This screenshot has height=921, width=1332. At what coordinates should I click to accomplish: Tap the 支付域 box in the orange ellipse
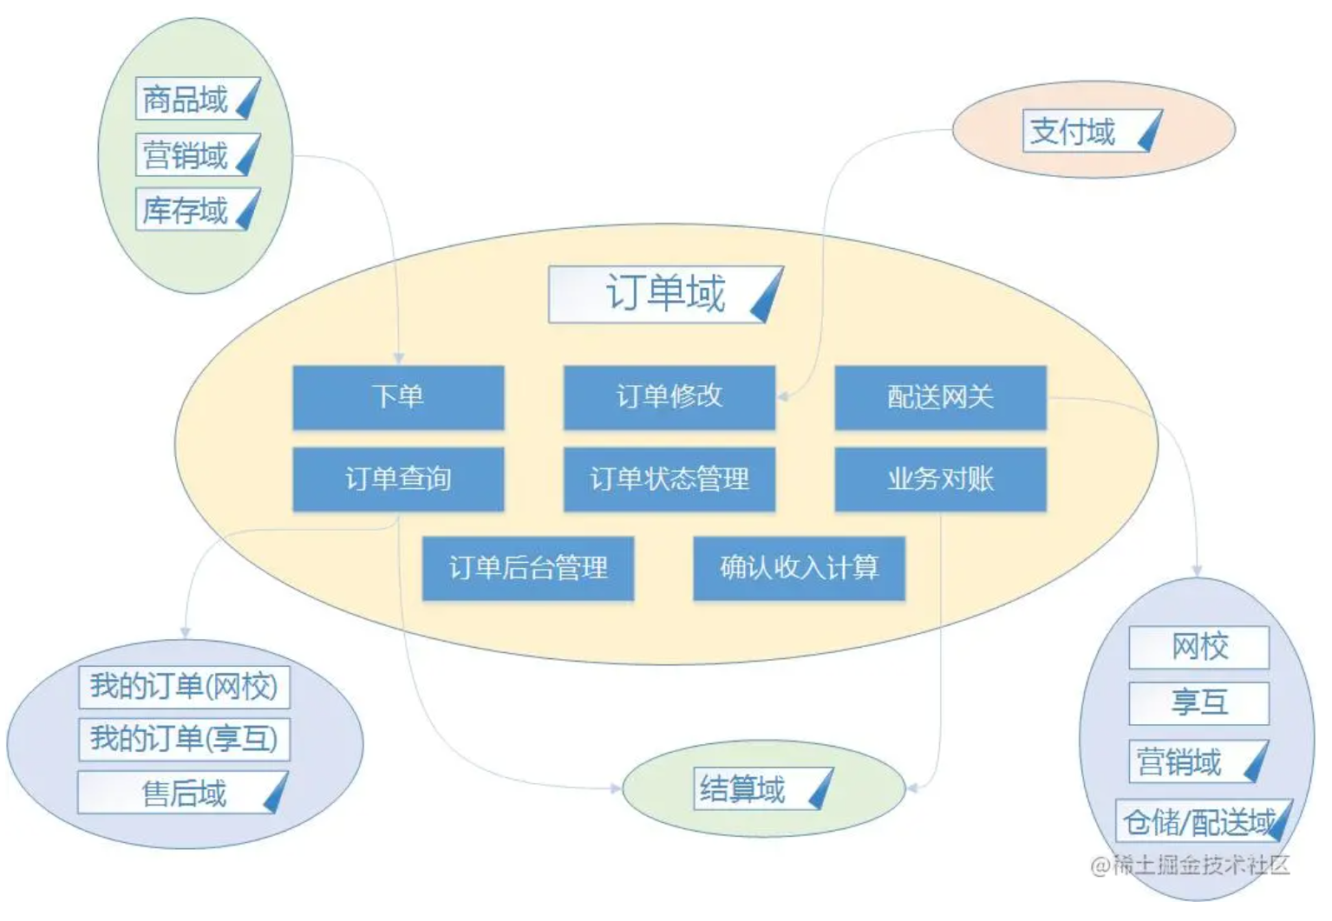(1092, 132)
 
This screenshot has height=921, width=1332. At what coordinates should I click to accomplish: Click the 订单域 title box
(665, 294)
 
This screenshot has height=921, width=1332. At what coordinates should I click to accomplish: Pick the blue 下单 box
(398, 397)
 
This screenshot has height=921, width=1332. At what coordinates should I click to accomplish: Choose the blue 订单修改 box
(669, 397)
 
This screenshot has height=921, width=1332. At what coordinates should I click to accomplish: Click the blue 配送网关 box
(940, 397)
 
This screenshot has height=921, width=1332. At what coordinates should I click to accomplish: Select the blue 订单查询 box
(398, 479)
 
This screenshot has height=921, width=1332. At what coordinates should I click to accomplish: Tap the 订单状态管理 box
(669, 479)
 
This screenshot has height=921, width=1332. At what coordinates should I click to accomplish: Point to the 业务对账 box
(940, 479)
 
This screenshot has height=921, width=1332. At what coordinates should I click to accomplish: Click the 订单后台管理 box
(528, 568)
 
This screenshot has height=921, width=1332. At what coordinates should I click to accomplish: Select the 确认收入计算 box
(799, 568)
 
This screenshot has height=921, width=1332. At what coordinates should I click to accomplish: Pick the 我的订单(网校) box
(184, 687)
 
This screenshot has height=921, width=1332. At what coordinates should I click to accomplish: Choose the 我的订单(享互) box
(184, 739)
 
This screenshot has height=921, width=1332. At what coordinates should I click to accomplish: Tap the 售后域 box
(183, 793)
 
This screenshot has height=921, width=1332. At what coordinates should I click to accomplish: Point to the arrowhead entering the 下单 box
(399, 358)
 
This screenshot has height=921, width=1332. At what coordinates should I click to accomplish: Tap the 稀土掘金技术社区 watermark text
(1191, 865)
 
